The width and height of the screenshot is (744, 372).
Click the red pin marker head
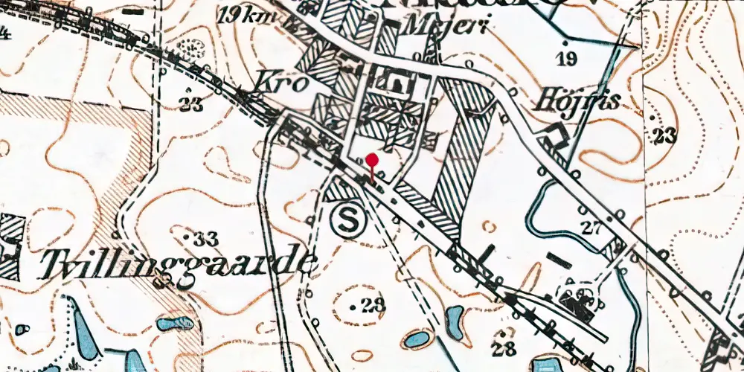[x=372, y=160]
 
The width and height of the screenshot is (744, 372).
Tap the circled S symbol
[x=345, y=219]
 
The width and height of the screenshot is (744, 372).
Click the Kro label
[x=280, y=83]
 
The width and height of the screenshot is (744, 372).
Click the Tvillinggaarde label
[x=178, y=264]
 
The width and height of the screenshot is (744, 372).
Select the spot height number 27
[x=591, y=228]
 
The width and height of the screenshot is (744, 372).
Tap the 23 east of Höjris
[x=664, y=135]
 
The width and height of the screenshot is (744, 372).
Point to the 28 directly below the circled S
[x=370, y=304]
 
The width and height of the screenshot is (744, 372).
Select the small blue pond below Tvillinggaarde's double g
[x=176, y=324]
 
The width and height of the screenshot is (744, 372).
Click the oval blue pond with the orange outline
[x=414, y=339]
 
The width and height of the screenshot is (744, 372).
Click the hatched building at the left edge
[x=9, y=246]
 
